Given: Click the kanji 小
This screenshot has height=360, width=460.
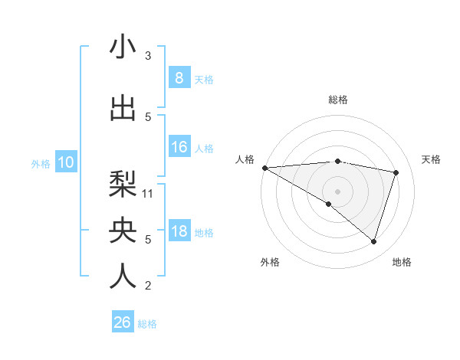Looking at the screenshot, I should tap(123, 47).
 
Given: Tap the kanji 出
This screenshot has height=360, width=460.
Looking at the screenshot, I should tap(123, 108).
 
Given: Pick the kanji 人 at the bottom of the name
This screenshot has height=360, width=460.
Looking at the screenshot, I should tap(123, 276).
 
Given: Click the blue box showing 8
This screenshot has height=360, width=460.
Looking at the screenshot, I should tap(179, 78).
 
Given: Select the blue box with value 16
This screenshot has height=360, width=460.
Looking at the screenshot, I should tap(179, 147).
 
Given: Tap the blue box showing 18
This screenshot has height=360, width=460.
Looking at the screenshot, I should tap(179, 232).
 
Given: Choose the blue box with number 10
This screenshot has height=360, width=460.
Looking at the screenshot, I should tap(66, 162).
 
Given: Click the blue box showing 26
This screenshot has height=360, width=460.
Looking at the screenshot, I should tap(122, 322).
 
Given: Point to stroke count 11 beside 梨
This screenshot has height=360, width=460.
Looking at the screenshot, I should tap(149, 193).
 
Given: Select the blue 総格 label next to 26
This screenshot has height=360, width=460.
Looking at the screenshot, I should tap(147, 324).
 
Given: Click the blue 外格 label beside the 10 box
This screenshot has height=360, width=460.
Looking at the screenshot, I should tap(41, 163).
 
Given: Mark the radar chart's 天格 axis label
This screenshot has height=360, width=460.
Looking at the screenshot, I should tap(431, 159).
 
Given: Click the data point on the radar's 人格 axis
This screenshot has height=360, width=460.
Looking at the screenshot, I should tap(264, 168).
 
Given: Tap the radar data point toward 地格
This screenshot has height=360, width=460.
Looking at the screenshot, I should tap(373, 241).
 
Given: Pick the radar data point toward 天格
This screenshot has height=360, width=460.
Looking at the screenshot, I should tap(396, 172).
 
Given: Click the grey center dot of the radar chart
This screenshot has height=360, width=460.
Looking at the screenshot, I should tap(337, 190).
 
